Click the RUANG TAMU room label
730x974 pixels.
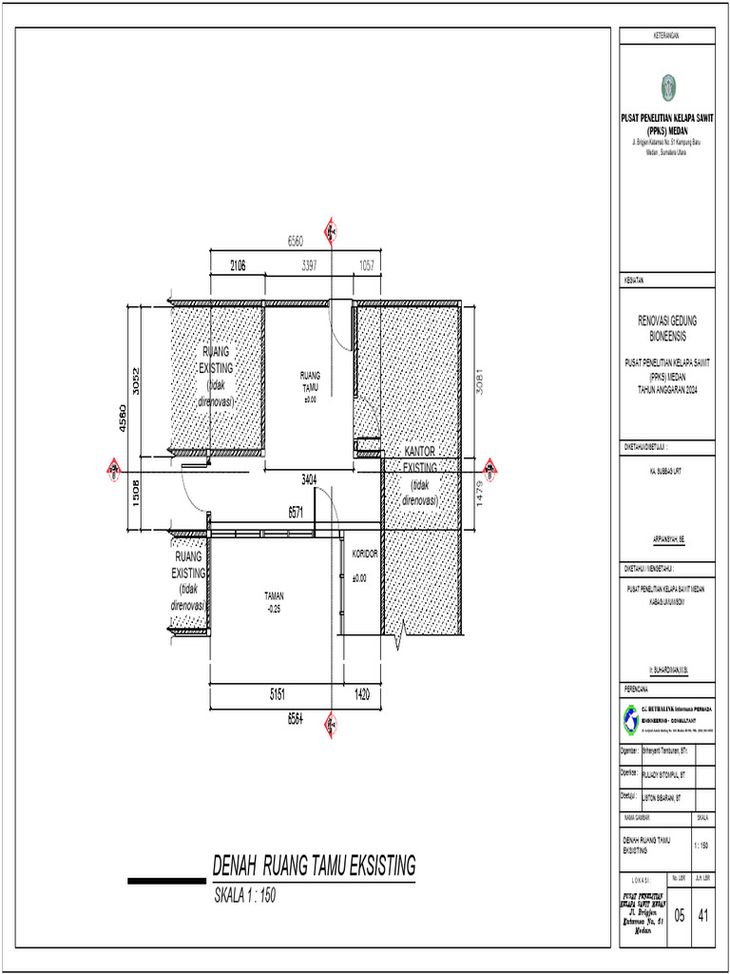pos(310,381)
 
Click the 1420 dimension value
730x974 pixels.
pos(361,696)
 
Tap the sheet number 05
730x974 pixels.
pos(680,916)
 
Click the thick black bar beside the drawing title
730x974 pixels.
pos(166,881)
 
